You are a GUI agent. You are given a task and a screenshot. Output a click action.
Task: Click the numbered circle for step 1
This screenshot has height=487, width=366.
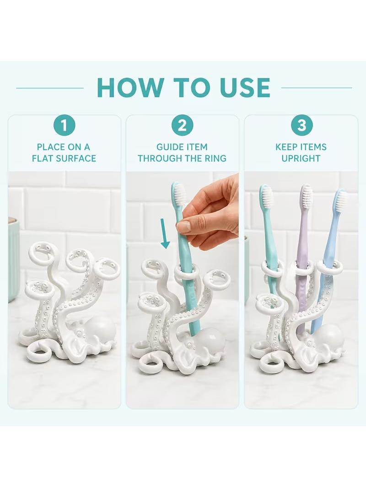pos(64,126)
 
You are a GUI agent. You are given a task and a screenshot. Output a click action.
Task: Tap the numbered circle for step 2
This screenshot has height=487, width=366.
pos(182,126)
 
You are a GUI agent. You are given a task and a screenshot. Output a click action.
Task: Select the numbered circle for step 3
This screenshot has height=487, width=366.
pos(301,126)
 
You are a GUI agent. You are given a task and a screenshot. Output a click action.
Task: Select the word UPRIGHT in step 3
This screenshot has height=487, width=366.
pos(301,159)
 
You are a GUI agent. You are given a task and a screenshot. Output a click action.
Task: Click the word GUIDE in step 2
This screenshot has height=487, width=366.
pos(169,147)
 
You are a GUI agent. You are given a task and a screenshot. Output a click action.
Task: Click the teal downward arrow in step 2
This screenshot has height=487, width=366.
pos(165,233)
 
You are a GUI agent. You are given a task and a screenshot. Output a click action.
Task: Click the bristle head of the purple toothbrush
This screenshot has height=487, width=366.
pos(306,194)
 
